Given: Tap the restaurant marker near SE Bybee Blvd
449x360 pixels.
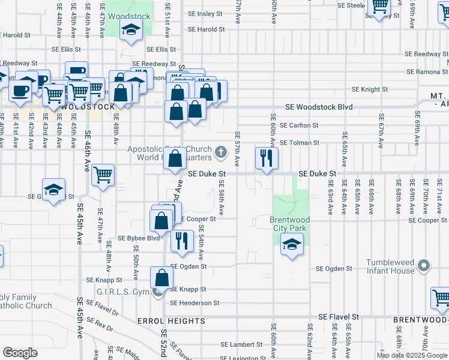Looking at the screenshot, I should pos(181,241).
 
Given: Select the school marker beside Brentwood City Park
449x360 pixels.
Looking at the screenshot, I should pos(292,245).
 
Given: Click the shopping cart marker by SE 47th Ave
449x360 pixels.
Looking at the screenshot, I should pos(103,175).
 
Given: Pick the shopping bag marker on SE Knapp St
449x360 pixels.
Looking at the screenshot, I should pos(161,278).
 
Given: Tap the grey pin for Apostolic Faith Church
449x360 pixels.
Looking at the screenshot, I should pos(221,152).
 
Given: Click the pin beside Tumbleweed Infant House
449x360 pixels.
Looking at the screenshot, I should pos(424,265).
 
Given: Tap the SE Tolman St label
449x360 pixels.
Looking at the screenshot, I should pos(300,143).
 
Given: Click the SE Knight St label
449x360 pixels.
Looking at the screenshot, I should pos(370,89).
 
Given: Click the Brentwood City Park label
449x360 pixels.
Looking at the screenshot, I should pos(288,224).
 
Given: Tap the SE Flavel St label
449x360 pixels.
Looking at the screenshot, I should pos(338,317).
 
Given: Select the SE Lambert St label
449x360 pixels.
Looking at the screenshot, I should pos(242,344).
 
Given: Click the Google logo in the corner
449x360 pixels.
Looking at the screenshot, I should pos(20,353).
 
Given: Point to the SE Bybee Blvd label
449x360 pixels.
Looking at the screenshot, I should pos(139,238).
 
